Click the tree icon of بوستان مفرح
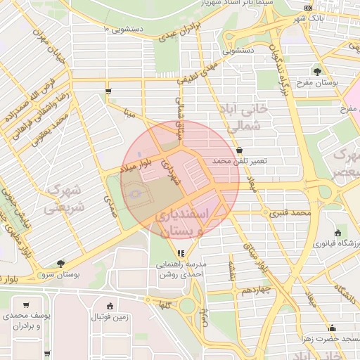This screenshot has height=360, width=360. click(x=317, y=71)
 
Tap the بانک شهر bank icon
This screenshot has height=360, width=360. click(x=309, y=8)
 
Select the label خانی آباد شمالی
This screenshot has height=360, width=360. click(x=255, y=118)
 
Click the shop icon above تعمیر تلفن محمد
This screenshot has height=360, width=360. click(x=240, y=150)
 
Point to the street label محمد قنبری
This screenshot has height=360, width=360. click(x=292, y=212)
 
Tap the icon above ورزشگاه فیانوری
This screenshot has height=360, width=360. click(x=340, y=233)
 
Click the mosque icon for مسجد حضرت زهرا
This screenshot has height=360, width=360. click(x=333, y=328)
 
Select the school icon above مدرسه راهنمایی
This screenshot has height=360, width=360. click(x=181, y=253)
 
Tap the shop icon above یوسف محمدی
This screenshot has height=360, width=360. click(x=26, y=305)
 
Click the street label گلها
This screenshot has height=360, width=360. click(x=166, y=304)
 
